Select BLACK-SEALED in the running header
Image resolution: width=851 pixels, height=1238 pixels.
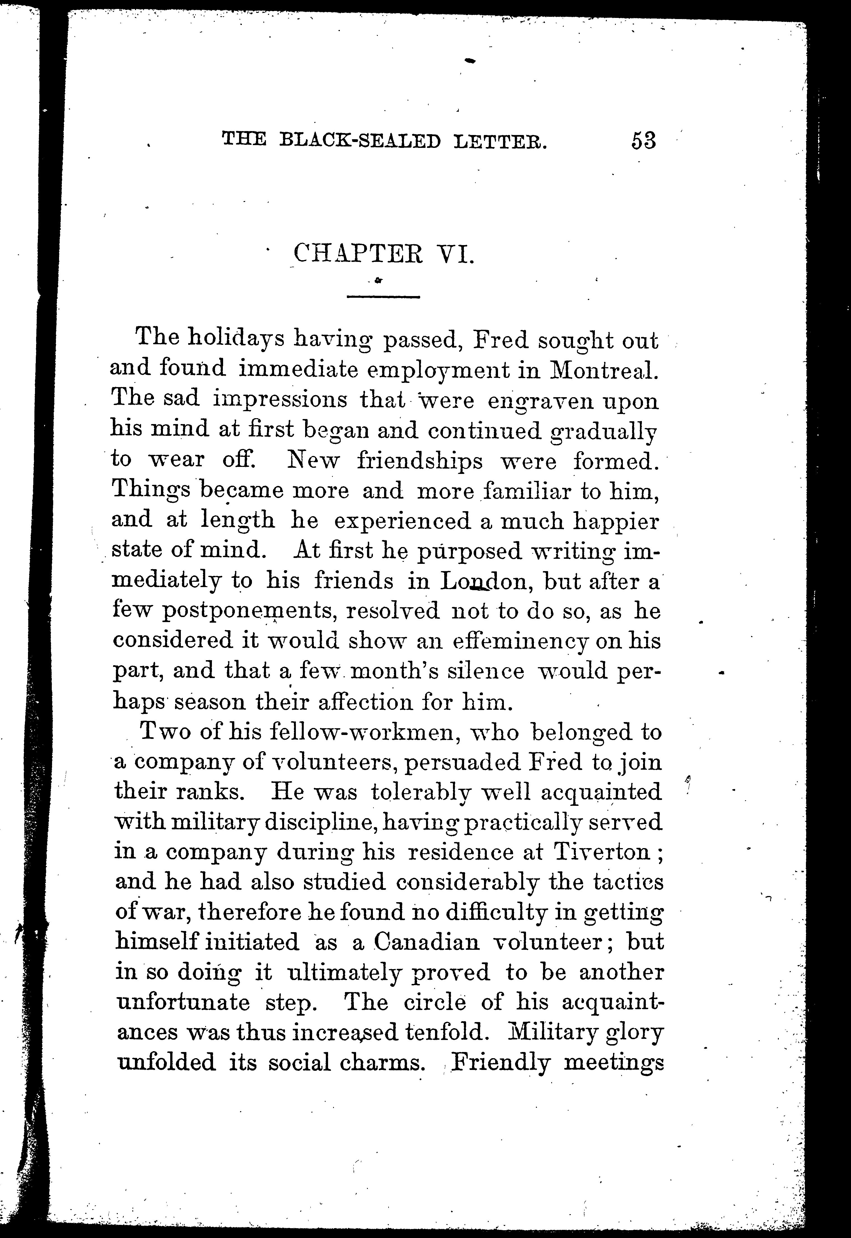point(361,141)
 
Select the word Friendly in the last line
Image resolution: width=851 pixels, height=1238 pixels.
point(500,1063)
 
